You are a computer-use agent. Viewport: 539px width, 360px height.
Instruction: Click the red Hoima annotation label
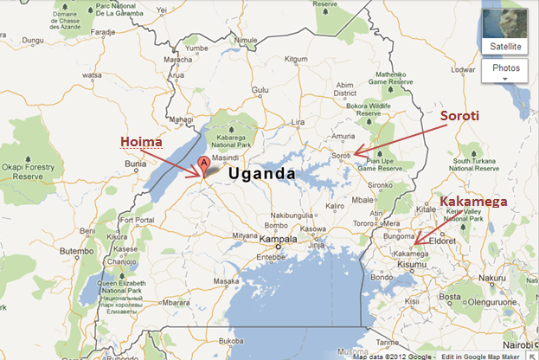point(141,141)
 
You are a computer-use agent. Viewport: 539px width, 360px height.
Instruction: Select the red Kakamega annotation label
point(473,202)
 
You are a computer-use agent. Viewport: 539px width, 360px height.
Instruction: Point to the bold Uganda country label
point(262,173)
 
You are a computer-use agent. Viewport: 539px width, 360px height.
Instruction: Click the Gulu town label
point(260,89)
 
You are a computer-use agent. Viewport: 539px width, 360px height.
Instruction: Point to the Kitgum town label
point(296,59)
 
